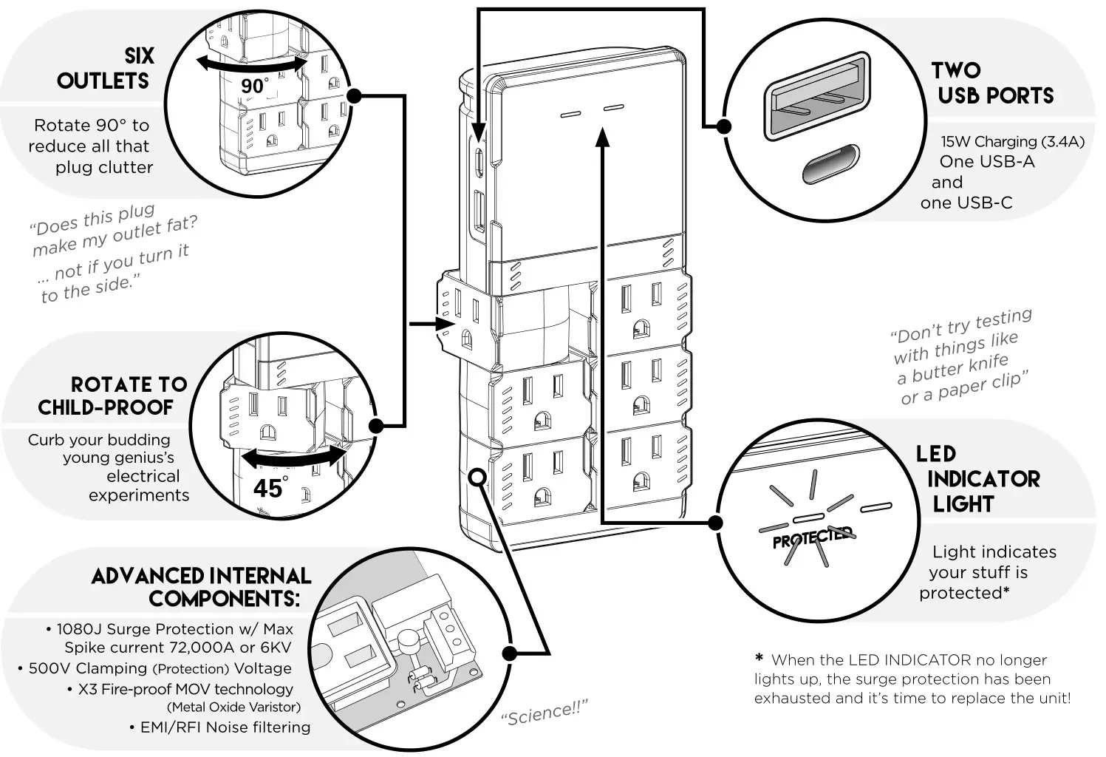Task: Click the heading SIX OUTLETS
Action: tap(105, 69)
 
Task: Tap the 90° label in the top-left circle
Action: tap(253, 86)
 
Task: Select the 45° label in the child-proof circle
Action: tap(269, 489)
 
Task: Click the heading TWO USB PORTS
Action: tap(992, 83)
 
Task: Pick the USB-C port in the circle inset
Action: tap(831, 163)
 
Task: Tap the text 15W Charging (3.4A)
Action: tap(1011, 141)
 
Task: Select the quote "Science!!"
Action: tap(544, 713)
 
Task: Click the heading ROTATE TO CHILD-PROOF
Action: tap(112, 396)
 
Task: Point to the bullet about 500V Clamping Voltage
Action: tap(154, 668)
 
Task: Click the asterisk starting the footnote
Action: tap(759, 659)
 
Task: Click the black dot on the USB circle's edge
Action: tap(724, 126)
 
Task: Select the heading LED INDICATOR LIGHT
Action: tap(977, 478)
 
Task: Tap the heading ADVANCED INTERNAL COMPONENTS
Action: tap(200, 587)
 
